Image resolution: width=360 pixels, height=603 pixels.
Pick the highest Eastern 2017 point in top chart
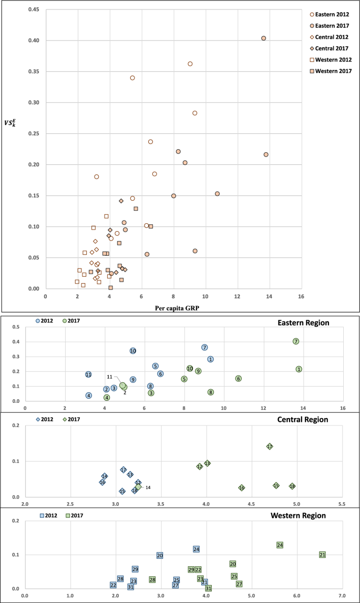(264, 38)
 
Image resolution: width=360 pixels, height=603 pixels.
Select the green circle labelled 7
(296, 341)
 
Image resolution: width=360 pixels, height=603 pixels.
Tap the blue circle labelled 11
(88, 375)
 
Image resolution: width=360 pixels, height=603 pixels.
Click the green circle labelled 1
(299, 369)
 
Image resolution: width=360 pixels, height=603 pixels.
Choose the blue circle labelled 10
(133, 351)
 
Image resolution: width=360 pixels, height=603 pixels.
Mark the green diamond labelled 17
(270, 446)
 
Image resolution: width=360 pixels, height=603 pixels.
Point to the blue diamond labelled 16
(102, 482)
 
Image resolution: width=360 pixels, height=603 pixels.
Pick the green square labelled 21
(323, 555)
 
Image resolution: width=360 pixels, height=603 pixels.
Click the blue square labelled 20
(160, 556)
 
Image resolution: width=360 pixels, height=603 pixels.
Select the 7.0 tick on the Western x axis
(342, 596)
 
